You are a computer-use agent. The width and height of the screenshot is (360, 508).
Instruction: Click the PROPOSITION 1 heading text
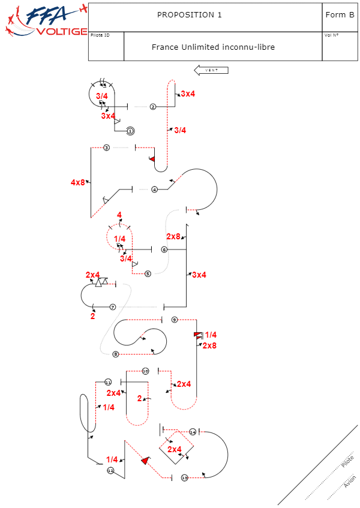click(189, 15)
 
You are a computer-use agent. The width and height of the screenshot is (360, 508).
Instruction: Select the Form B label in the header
click(340, 15)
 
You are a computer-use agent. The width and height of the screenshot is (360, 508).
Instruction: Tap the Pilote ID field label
click(100, 35)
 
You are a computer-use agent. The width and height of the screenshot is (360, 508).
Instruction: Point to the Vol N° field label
click(331, 35)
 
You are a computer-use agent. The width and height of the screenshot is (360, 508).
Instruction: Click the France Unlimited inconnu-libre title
click(213, 47)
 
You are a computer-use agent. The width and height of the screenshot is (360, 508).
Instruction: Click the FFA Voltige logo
click(45, 21)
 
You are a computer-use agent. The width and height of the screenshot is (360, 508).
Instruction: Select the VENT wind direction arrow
click(211, 70)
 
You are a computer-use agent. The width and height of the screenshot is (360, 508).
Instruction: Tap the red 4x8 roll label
click(77, 182)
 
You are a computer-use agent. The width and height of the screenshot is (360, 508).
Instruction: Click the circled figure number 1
click(130, 131)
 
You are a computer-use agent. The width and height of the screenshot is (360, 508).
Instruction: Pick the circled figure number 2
click(153, 107)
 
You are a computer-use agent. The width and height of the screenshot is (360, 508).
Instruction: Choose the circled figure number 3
click(106, 148)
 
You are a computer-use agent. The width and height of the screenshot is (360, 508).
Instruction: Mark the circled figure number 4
click(154, 190)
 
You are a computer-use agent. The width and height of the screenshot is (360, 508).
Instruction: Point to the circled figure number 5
click(148, 273)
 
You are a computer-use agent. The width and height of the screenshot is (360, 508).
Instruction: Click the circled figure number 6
click(164, 250)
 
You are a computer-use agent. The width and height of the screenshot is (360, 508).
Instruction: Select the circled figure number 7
click(112, 306)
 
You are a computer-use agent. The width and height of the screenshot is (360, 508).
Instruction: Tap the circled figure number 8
click(115, 354)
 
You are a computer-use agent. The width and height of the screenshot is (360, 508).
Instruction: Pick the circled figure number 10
click(145, 371)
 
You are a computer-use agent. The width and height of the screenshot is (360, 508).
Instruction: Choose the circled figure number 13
click(184, 477)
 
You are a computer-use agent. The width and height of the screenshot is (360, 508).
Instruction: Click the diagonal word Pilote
click(347, 462)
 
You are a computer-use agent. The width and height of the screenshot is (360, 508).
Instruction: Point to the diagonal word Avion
click(350, 481)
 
